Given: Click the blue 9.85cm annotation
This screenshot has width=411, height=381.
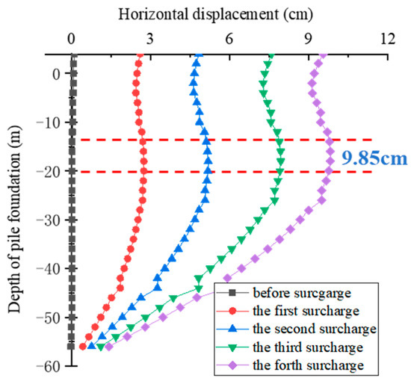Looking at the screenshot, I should click(x=368, y=158).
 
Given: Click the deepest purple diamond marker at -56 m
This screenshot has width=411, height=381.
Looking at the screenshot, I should click(x=109, y=347).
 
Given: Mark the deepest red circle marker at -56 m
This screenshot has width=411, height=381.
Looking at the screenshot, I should click(x=82, y=346).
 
